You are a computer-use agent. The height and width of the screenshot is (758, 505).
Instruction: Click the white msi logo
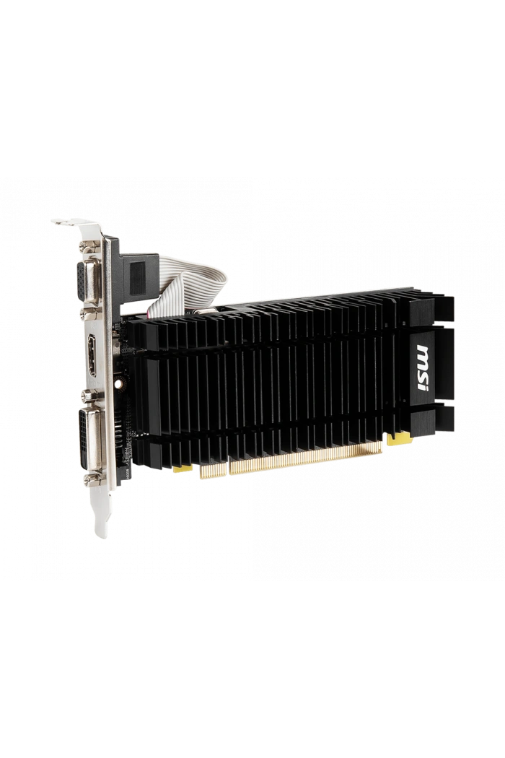422,369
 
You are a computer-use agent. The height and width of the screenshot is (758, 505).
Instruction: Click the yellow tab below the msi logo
399,437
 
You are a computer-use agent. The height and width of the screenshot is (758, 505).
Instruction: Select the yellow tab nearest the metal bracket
183,468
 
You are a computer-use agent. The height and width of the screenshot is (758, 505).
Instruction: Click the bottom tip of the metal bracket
100,531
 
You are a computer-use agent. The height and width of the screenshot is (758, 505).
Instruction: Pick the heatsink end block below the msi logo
433,419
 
